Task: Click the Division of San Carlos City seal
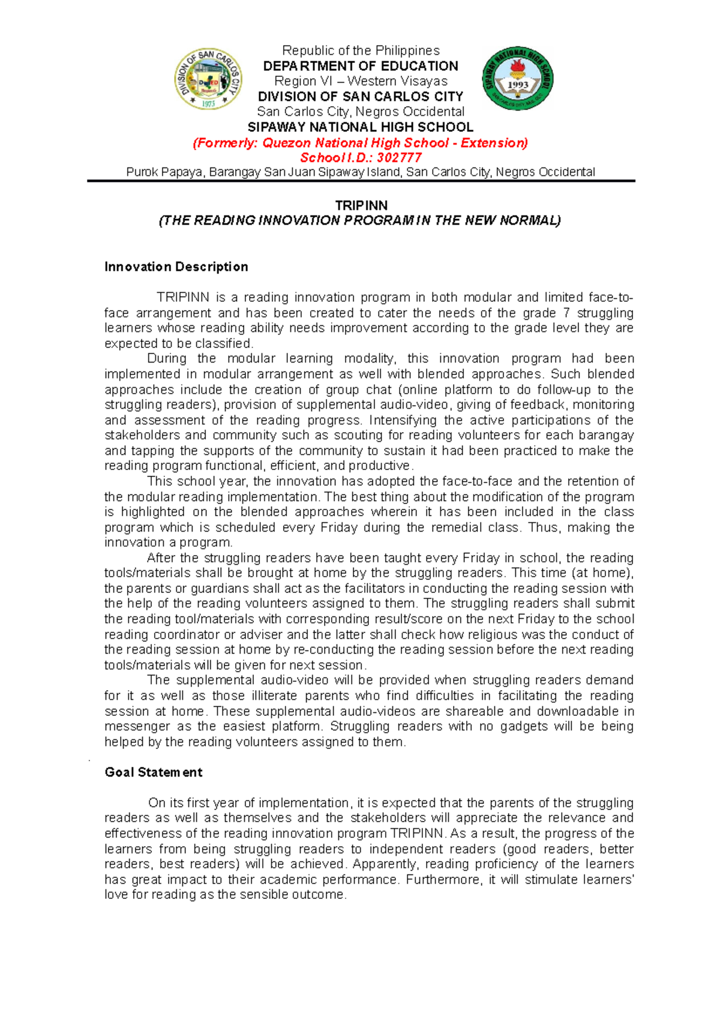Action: click(x=208, y=79)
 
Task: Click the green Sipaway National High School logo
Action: click(x=518, y=79)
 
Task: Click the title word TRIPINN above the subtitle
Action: click(x=361, y=205)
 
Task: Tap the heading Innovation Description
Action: click(x=176, y=266)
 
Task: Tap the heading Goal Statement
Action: click(x=153, y=772)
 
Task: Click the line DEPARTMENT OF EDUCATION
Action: click(x=361, y=66)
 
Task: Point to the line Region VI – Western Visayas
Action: click(x=361, y=81)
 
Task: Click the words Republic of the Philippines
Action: click(x=361, y=50)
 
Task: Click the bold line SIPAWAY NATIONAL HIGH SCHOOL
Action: click(x=361, y=127)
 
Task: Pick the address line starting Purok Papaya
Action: click(x=361, y=172)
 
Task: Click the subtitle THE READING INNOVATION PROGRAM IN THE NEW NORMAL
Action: click(x=360, y=221)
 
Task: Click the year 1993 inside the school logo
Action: click(x=518, y=85)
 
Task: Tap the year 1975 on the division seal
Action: click(x=208, y=104)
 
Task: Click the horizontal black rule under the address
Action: click(x=361, y=181)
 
